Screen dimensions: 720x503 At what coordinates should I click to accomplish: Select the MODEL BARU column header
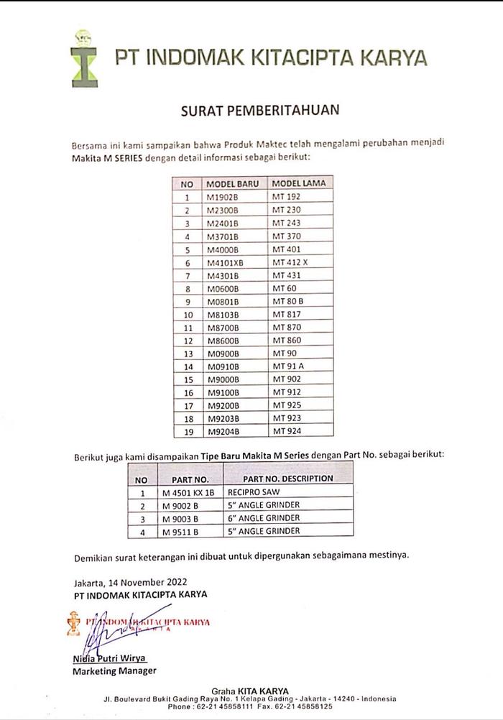(x=232, y=183)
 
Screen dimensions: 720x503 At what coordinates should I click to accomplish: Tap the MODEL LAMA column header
(x=298, y=183)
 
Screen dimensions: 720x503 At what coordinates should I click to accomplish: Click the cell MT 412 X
(x=290, y=262)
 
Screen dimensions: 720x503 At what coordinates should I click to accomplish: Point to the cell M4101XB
(x=225, y=262)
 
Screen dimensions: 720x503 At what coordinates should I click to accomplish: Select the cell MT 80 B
(x=287, y=301)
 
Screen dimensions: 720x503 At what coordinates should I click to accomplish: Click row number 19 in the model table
(x=188, y=431)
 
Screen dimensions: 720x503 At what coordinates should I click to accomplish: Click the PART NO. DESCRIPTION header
(x=287, y=479)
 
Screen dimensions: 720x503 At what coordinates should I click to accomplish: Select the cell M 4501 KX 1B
(x=188, y=493)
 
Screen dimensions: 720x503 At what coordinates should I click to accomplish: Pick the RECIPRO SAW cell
(x=254, y=493)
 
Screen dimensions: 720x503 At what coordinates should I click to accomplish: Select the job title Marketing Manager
(x=114, y=671)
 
